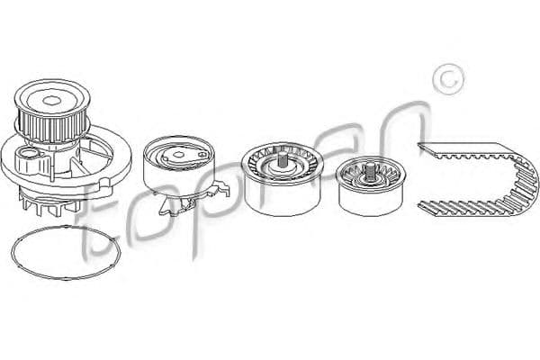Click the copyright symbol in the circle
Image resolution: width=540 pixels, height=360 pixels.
point(448,79)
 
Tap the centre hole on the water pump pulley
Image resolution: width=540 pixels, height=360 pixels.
point(51,101)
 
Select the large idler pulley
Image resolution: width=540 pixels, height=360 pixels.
point(283,179)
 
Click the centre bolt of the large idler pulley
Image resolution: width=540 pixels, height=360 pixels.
point(283,159)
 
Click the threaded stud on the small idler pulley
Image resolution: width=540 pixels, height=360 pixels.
point(371,172)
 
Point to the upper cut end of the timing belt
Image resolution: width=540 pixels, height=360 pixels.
point(423,148)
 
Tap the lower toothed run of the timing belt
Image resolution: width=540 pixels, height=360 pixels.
point(462,209)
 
